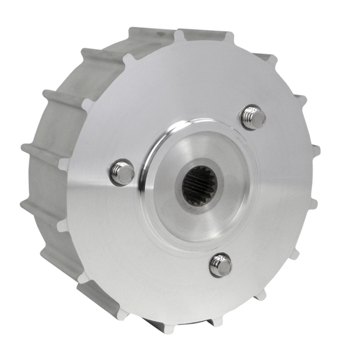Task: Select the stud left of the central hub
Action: click(122, 173)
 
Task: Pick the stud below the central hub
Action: click(221, 265)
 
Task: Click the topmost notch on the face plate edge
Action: click(179, 35)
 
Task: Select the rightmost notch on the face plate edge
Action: click(314, 150)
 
